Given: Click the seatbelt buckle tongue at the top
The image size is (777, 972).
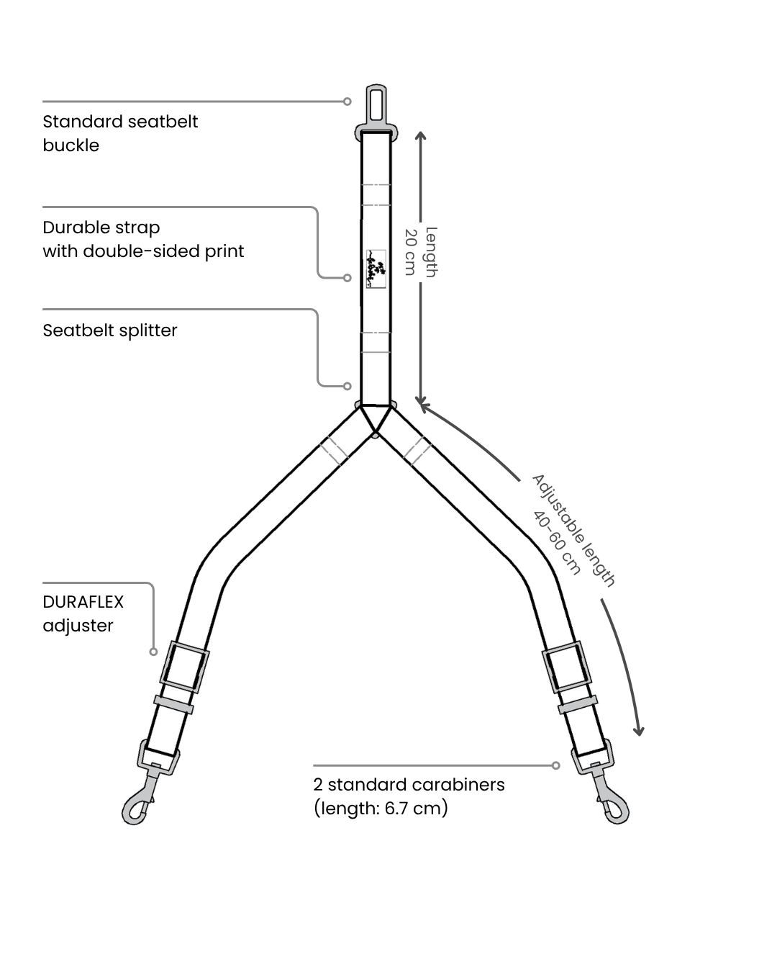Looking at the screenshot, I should pos(376,105).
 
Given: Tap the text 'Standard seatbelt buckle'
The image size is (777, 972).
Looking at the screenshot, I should pos(120,133).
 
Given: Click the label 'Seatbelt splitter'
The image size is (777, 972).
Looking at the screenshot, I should pos(110,330).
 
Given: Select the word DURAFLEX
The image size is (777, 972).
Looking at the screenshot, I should pos(83,602).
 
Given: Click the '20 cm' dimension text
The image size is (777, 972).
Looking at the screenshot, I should pos(411,252).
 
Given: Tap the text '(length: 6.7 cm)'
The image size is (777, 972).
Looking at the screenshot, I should pos(381,808).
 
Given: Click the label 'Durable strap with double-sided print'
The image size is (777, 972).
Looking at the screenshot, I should pos(143,239).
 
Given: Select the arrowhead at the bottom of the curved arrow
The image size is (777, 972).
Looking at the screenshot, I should pos(638,730).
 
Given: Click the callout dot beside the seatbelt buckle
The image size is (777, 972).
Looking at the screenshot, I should pos(347,102).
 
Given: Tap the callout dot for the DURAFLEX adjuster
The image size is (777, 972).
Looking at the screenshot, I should pos(153,652).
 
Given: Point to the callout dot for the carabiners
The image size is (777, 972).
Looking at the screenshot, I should pos(555,765).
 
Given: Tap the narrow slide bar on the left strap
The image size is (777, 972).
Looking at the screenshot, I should pos(173,705).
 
